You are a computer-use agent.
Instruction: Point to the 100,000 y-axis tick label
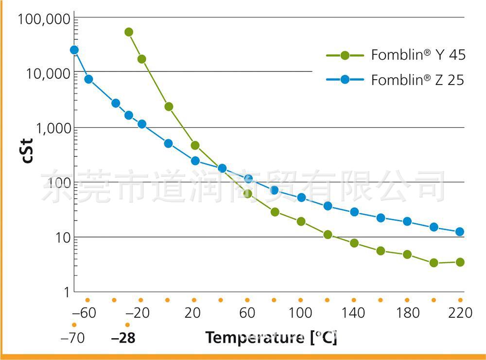44,20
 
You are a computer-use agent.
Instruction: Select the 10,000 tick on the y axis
47,74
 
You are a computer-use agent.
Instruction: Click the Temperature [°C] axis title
271,337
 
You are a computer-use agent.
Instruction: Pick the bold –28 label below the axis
123,338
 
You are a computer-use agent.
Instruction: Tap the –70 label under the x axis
72,338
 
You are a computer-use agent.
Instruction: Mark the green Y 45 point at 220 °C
460,262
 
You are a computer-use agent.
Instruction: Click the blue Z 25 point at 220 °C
460,232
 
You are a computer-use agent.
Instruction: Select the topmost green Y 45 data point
129,32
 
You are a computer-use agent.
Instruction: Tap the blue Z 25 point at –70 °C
74,50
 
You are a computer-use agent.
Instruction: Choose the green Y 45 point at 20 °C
195,145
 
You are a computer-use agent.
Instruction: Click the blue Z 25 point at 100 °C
301,197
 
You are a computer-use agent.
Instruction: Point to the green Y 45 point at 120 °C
328,235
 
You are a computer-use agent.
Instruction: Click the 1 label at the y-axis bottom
67,292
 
